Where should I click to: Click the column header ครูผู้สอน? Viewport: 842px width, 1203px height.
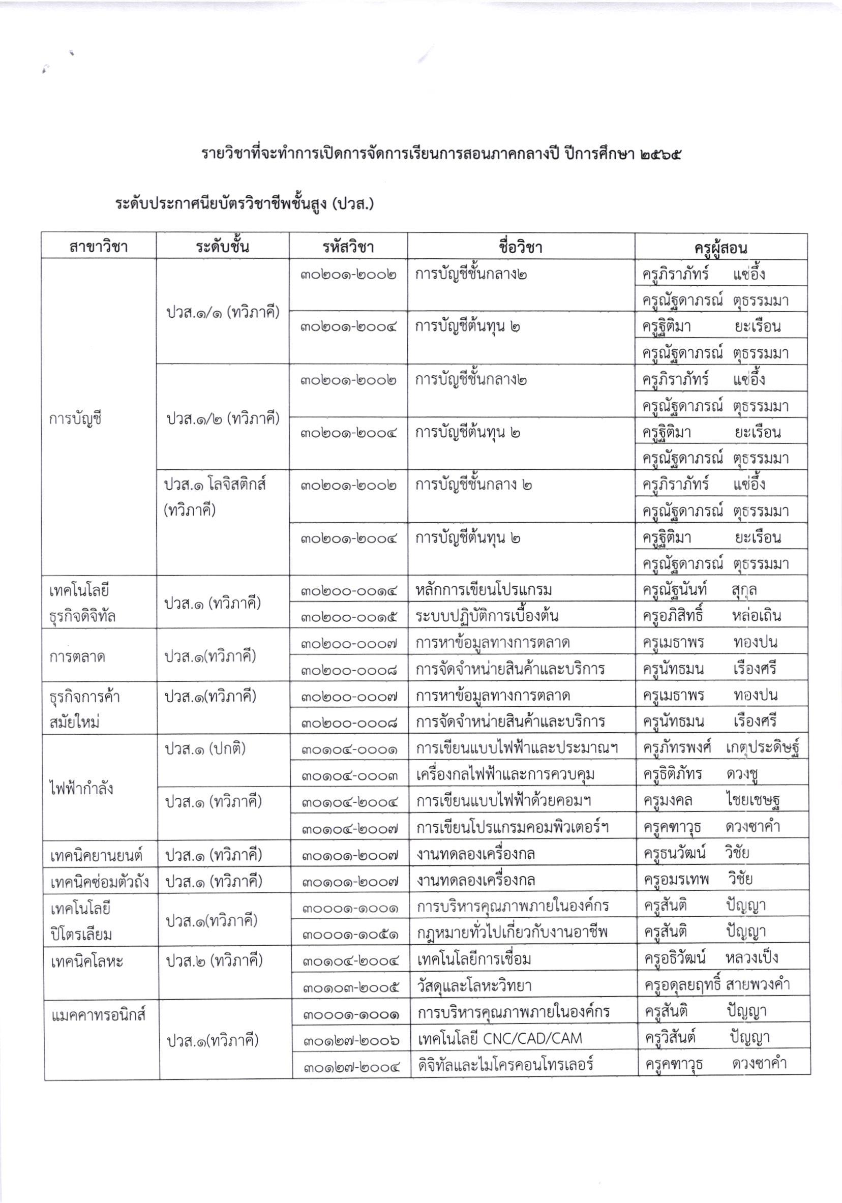click(x=720, y=247)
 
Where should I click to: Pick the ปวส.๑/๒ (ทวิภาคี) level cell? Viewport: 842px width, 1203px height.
click(x=223, y=418)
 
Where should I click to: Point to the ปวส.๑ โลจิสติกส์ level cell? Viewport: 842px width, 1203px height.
click(x=215, y=485)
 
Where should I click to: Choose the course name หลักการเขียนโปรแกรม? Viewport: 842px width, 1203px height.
click(x=484, y=590)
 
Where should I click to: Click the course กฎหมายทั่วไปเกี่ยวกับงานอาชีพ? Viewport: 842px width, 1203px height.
click(x=513, y=933)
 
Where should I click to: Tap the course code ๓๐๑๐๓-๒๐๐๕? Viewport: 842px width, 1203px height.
click(x=350, y=986)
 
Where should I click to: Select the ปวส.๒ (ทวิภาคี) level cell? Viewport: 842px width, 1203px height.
click(x=214, y=960)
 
